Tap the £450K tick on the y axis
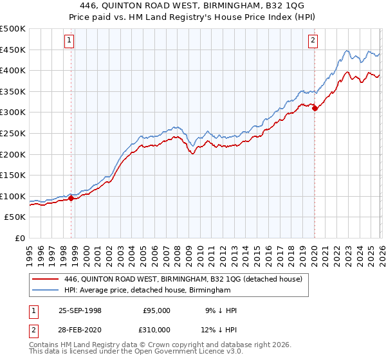[x=13, y=50]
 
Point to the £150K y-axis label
[x=13, y=175]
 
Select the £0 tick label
[x=19, y=238]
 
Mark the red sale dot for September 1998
[x=71, y=199]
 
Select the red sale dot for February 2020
[x=315, y=109]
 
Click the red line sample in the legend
[x=46, y=279]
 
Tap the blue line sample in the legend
[x=46, y=291]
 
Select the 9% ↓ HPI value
[x=223, y=310]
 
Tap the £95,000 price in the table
[x=157, y=310]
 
